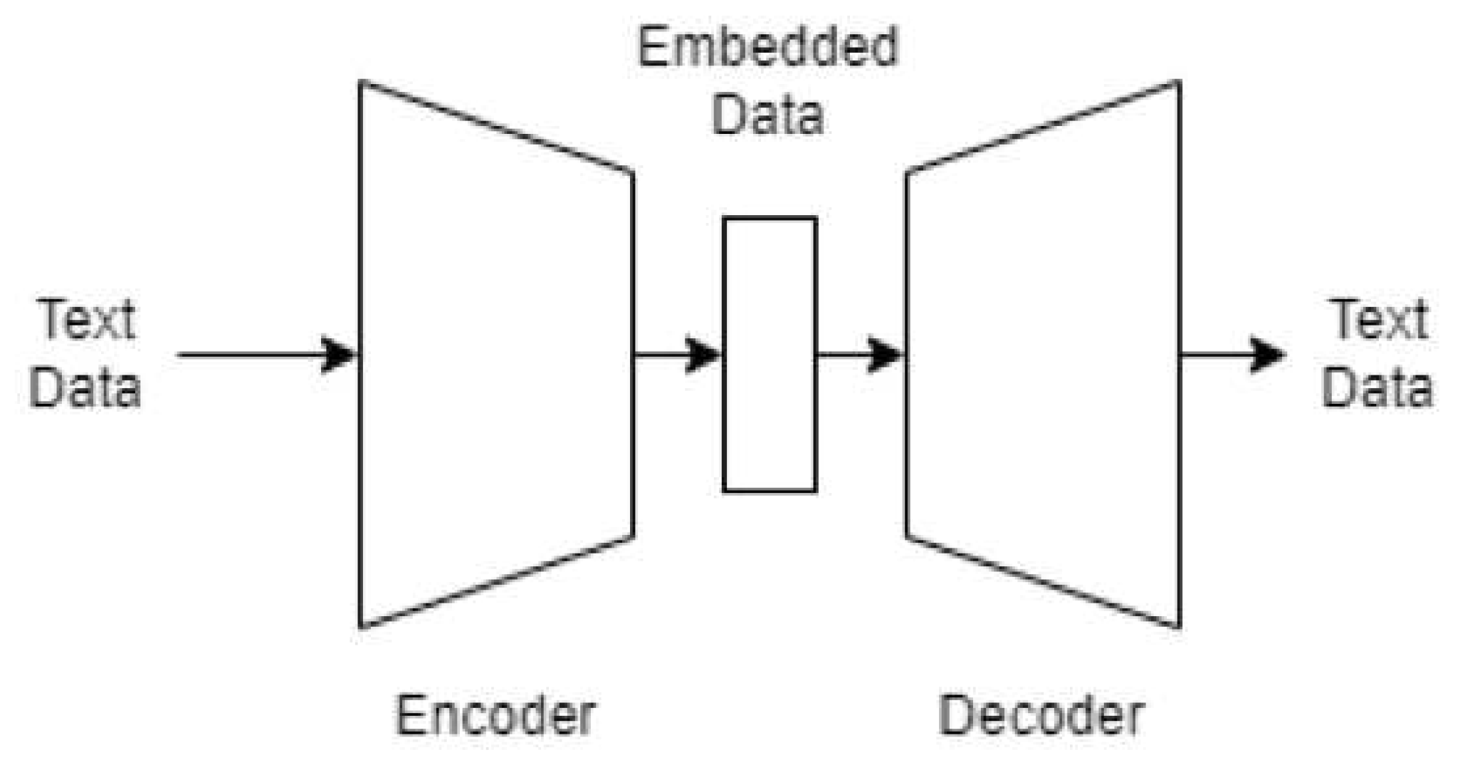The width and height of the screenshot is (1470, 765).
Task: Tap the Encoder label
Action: click(495, 715)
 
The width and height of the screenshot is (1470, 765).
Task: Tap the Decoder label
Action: click(1041, 715)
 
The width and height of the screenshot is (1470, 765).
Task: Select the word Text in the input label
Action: click(85, 320)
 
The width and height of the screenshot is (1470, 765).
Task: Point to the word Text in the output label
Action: click(1379, 320)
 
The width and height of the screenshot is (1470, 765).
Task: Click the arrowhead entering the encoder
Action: click(339, 355)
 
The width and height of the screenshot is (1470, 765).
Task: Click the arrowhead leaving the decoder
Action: click(1267, 355)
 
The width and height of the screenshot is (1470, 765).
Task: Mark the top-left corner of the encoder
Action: click(362, 83)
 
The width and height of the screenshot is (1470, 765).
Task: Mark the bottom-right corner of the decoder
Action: click(1180, 628)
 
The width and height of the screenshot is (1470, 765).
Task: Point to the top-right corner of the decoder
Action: click(1180, 83)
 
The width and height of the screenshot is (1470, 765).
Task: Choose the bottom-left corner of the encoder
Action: click(362, 628)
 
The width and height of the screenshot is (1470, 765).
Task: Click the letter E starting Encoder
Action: click(409, 715)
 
